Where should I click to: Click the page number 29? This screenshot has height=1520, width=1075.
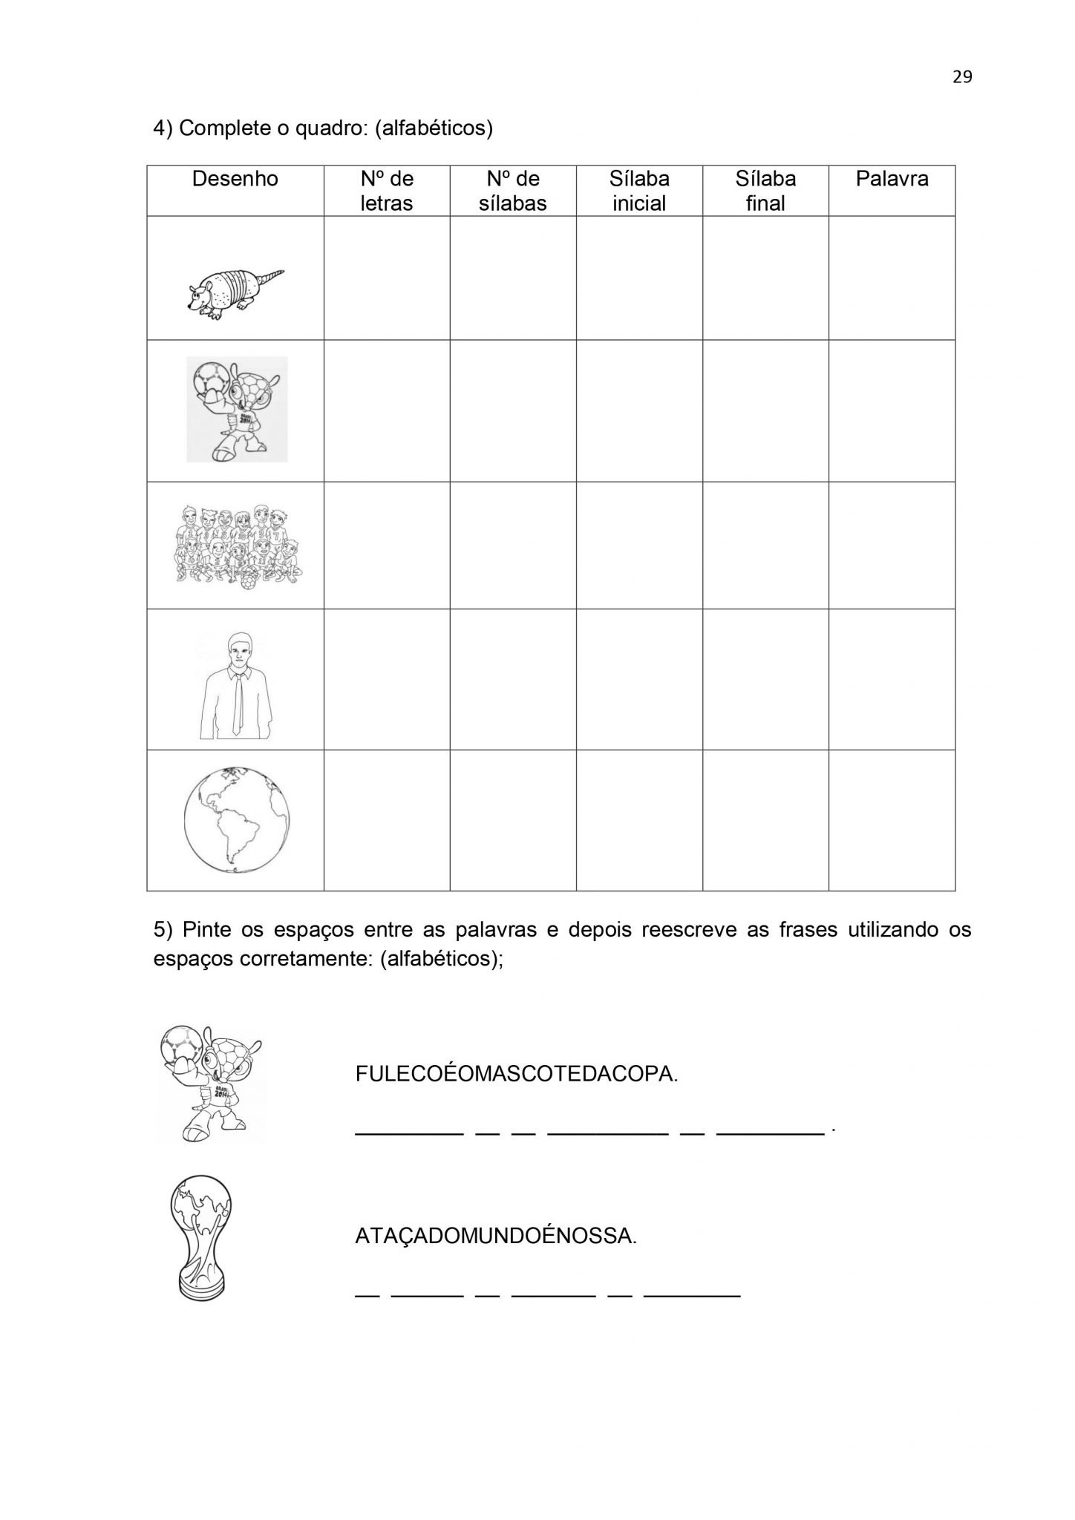coord(961,77)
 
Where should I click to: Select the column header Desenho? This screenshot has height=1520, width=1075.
coord(235,179)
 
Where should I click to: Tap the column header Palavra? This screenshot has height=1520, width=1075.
coord(892,179)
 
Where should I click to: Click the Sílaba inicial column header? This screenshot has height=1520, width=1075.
coord(639,191)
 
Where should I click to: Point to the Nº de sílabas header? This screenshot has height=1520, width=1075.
coord(512,191)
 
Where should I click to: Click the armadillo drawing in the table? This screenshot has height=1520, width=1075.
coord(235,293)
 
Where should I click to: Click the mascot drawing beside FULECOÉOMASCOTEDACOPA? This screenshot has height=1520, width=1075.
coord(212,1083)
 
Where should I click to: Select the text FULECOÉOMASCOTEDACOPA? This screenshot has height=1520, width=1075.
coord(517,1074)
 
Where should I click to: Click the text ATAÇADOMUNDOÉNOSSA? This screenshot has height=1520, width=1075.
coord(496,1236)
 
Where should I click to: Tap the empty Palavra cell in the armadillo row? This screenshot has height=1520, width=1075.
coord(892,278)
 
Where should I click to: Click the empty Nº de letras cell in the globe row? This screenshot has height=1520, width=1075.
coord(387,820)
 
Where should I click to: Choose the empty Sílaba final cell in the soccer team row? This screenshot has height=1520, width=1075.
coord(765,546)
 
